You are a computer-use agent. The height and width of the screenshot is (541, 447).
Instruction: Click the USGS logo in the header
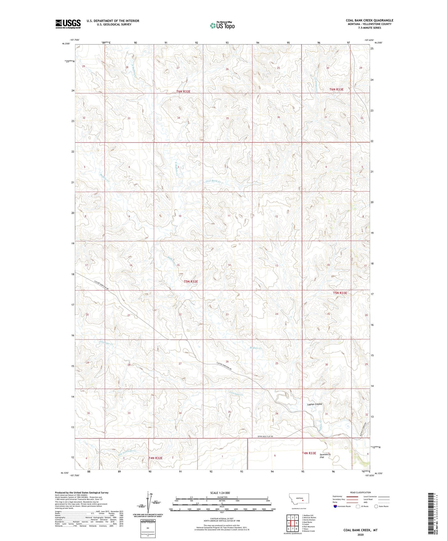tap(68, 24)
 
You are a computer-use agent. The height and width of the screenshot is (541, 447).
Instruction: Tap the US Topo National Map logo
tap(222, 25)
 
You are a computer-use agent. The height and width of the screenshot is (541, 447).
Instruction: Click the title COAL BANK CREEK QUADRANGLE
tap(369, 20)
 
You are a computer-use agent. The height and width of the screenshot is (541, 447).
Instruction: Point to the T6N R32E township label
tap(183, 92)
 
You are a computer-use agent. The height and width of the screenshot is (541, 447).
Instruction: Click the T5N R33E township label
tap(340, 293)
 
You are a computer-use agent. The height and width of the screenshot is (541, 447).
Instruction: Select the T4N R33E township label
tap(309, 453)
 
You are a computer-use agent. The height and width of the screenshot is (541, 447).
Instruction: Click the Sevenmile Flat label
tap(325, 456)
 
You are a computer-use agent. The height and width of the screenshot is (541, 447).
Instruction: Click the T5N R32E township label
tap(191, 281)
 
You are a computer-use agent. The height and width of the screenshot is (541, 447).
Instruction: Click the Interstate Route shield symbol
tap(335, 506)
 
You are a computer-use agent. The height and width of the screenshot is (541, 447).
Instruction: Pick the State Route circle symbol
tap(376, 506)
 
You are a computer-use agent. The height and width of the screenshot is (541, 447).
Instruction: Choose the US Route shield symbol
tap(358, 506)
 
